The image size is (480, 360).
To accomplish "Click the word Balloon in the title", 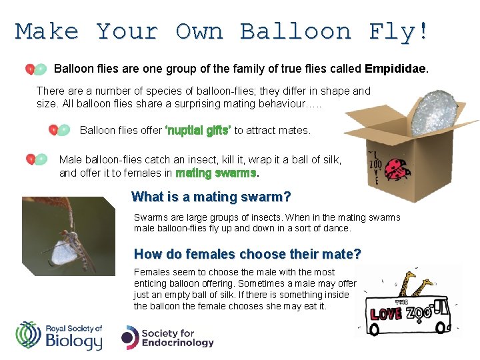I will point(297,31).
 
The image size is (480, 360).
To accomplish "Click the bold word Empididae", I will point(397,69).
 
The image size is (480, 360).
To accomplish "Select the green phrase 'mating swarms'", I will point(216,173).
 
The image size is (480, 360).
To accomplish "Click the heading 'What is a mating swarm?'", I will point(211,197).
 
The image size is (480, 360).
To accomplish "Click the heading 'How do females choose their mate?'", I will point(247,254).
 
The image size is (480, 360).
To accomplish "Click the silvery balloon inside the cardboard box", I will point(434,112).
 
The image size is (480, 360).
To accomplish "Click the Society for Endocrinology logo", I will point(167,337).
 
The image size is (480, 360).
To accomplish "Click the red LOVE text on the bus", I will point(386,313).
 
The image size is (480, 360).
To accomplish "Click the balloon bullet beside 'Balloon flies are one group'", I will point(36,69).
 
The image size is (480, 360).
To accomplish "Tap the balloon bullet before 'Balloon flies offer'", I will point(59,130).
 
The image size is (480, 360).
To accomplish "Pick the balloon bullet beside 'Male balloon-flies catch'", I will point(36,159).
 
